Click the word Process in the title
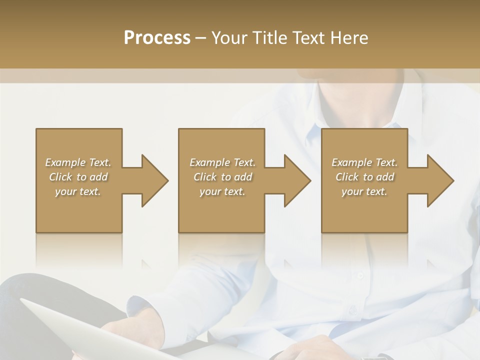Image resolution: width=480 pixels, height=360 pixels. pos(157,38)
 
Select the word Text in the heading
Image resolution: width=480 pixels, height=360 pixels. pos(308,38)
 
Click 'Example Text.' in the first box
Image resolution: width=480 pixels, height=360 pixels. pos(78,162)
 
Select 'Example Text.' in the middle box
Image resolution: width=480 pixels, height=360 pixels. pos(222,162)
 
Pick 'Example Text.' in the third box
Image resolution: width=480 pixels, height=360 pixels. pos(364,162)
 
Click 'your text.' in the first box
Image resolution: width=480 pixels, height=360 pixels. pos(78,191)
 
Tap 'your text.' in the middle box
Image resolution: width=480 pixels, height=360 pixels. pos(222,191)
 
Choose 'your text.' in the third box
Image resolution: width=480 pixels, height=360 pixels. pos(364,191)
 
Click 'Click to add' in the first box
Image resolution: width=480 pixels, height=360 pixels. pos(78,177)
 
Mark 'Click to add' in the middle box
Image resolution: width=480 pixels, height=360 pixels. pos(222,177)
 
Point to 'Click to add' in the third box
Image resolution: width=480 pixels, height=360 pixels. pos(364,177)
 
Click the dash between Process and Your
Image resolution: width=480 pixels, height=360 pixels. pos(201,38)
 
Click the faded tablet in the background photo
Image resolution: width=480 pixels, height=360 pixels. pos(75,330)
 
